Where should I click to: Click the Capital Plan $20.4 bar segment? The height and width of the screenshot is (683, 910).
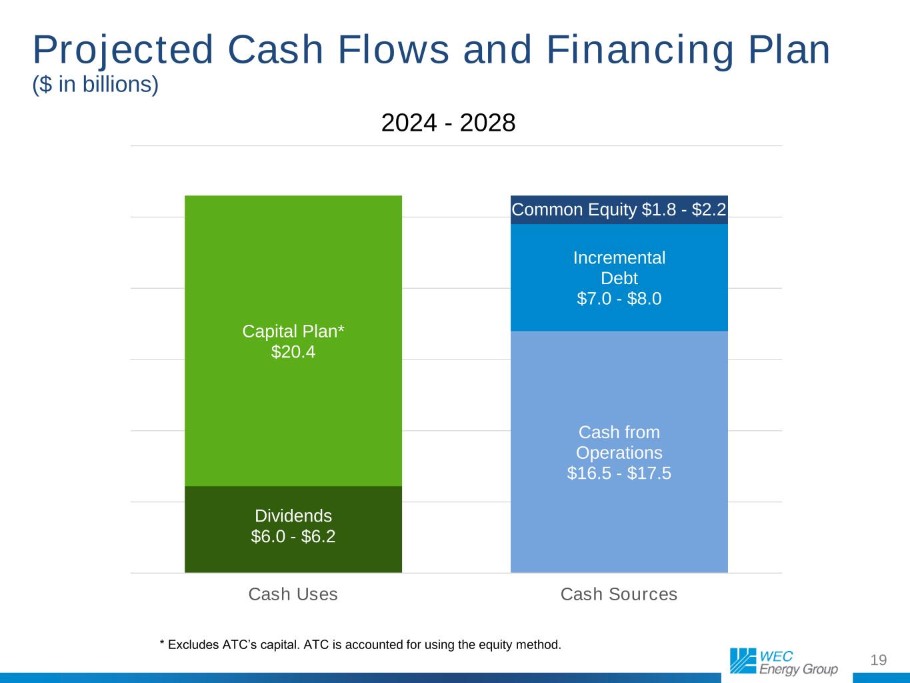tap(293, 341)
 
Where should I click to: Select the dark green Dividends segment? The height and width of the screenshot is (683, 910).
tap(293, 530)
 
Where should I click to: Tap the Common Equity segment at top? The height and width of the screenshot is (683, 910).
tap(619, 210)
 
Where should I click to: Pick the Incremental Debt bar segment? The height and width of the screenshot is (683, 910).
tap(619, 277)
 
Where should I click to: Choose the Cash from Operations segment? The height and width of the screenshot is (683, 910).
tap(619, 452)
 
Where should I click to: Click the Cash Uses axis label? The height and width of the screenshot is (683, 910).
tap(293, 594)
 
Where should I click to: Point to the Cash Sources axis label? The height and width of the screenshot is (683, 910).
tap(619, 594)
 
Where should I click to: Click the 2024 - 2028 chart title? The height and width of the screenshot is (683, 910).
tap(448, 123)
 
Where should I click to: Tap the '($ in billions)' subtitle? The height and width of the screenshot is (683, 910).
tap(95, 85)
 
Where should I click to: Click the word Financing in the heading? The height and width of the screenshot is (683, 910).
tap(641, 51)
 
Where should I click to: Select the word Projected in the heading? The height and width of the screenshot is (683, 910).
tap(123, 51)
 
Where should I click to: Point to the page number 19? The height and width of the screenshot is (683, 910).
tap(879, 660)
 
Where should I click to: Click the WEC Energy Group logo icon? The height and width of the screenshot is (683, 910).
tap(743, 660)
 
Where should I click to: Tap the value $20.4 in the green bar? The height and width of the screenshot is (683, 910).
tap(293, 352)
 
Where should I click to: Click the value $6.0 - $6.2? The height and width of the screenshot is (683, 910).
tap(293, 537)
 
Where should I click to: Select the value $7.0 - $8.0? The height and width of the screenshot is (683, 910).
tap(619, 299)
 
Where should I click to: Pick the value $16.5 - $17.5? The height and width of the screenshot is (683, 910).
tap(619, 473)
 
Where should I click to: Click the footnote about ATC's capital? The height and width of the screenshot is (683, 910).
tap(360, 645)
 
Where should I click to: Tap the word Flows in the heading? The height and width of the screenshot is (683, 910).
tap(393, 50)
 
